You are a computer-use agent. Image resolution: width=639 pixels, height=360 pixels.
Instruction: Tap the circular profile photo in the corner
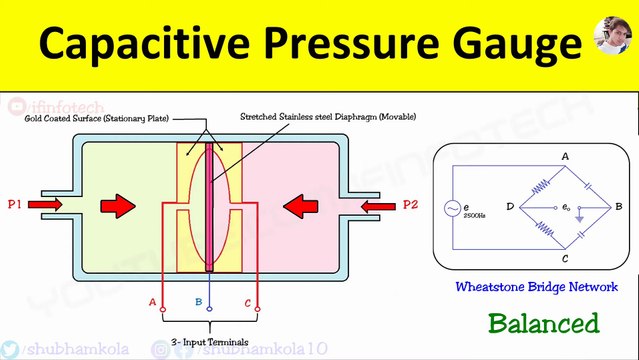coord(612,39)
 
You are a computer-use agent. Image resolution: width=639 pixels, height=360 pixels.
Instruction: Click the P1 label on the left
coord(15,205)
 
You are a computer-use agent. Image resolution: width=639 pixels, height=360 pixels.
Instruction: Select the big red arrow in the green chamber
coord(117,206)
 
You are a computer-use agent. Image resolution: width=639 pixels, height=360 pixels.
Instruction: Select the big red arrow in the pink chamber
coord(301,206)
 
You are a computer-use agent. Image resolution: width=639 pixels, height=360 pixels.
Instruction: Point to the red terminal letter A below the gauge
coord(153,301)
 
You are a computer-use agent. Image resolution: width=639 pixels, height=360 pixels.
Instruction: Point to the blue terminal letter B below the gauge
coord(199,301)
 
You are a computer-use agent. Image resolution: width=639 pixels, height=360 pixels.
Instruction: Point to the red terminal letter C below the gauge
coord(247,301)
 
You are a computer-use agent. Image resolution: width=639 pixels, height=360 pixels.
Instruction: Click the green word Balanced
coord(543,323)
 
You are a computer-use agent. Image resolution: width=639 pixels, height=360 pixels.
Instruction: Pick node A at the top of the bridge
coord(565,157)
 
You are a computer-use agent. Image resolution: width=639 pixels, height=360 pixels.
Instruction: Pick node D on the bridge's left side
coord(510,207)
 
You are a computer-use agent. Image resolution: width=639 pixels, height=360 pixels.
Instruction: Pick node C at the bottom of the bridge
coord(565,258)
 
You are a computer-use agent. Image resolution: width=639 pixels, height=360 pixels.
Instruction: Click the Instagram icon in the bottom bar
coord(161,349)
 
